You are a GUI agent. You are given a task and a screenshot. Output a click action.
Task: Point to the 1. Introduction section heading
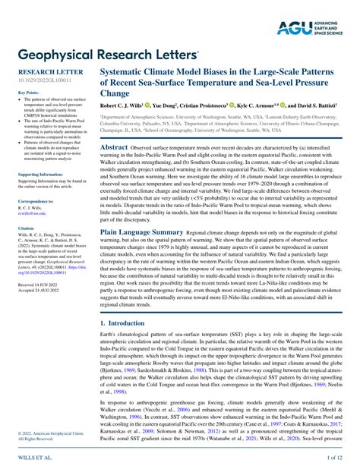125,323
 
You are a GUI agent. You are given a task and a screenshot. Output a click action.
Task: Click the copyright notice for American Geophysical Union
44,434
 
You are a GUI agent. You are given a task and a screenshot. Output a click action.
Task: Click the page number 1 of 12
334,458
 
